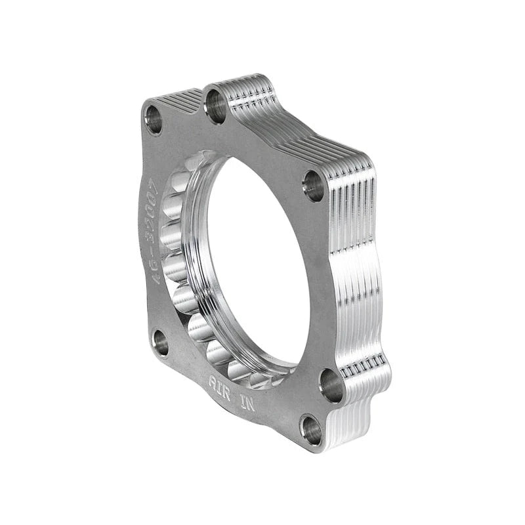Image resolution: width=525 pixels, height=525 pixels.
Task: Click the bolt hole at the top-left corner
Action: coord(154,120)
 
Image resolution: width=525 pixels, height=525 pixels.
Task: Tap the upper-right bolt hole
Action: coord(314,186)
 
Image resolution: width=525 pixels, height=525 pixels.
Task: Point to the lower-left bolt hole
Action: coord(160,342)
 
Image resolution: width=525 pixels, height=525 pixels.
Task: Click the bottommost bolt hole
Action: coord(311,430)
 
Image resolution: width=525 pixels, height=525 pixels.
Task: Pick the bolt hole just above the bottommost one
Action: coord(331,386)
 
